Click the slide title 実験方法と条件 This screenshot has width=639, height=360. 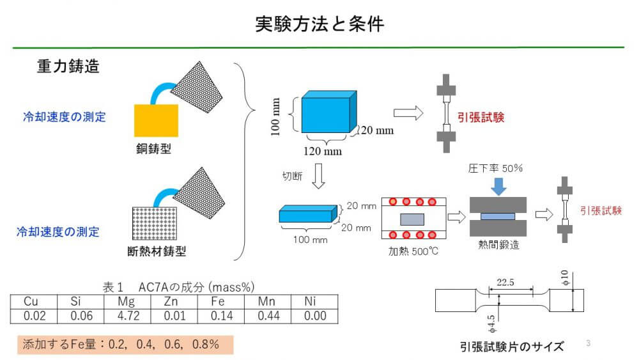(x=319, y=24)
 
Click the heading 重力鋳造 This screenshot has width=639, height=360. (x=68, y=66)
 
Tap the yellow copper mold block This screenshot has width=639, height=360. (x=156, y=120)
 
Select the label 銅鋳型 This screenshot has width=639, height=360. (x=153, y=149)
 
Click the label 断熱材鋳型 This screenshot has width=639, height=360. (x=157, y=251)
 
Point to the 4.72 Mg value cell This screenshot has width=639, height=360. (x=128, y=316)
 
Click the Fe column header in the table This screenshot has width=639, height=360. (x=218, y=302)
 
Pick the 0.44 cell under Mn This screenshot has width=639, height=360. (x=268, y=316)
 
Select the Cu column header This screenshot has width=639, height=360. (x=31, y=302)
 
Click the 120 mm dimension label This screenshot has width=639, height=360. (x=322, y=152)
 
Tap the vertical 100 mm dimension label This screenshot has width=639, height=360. (x=276, y=116)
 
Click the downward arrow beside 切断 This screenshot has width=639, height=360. (x=318, y=176)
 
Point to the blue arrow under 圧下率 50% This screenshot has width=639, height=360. (x=498, y=186)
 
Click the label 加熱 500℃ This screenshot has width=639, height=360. (x=413, y=251)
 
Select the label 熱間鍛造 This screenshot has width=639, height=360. (x=498, y=245)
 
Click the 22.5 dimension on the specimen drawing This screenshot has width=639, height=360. (x=505, y=282)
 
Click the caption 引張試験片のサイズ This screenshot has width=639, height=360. (x=512, y=347)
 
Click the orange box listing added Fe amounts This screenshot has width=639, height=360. (x=125, y=345)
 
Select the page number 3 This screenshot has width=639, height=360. (x=588, y=343)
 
